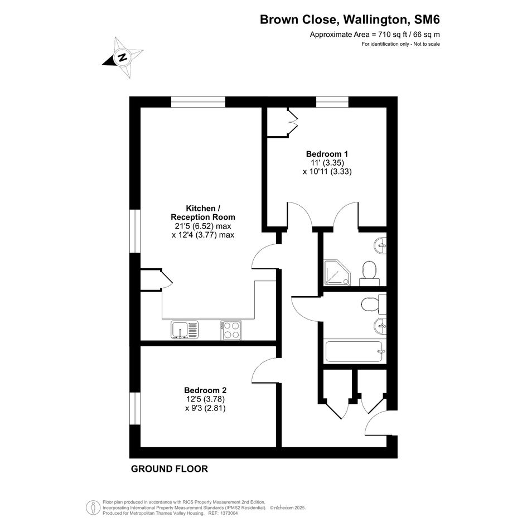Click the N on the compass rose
point(123,57)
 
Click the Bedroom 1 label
point(327,154)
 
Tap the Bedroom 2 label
point(205,390)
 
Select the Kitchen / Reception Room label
point(203,212)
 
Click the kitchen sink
point(185,330)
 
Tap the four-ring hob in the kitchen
point(231,330)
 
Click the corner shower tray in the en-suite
point(337,272)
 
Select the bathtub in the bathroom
point(354,351)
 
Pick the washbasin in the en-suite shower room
point(380,245)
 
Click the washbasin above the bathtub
point(380,326)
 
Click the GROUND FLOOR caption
point(170,469)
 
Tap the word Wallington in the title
point(375,20)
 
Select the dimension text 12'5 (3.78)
point(205,399)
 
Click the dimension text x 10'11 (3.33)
point(327,171)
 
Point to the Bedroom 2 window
point(135,408)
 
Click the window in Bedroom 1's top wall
point(332,102)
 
